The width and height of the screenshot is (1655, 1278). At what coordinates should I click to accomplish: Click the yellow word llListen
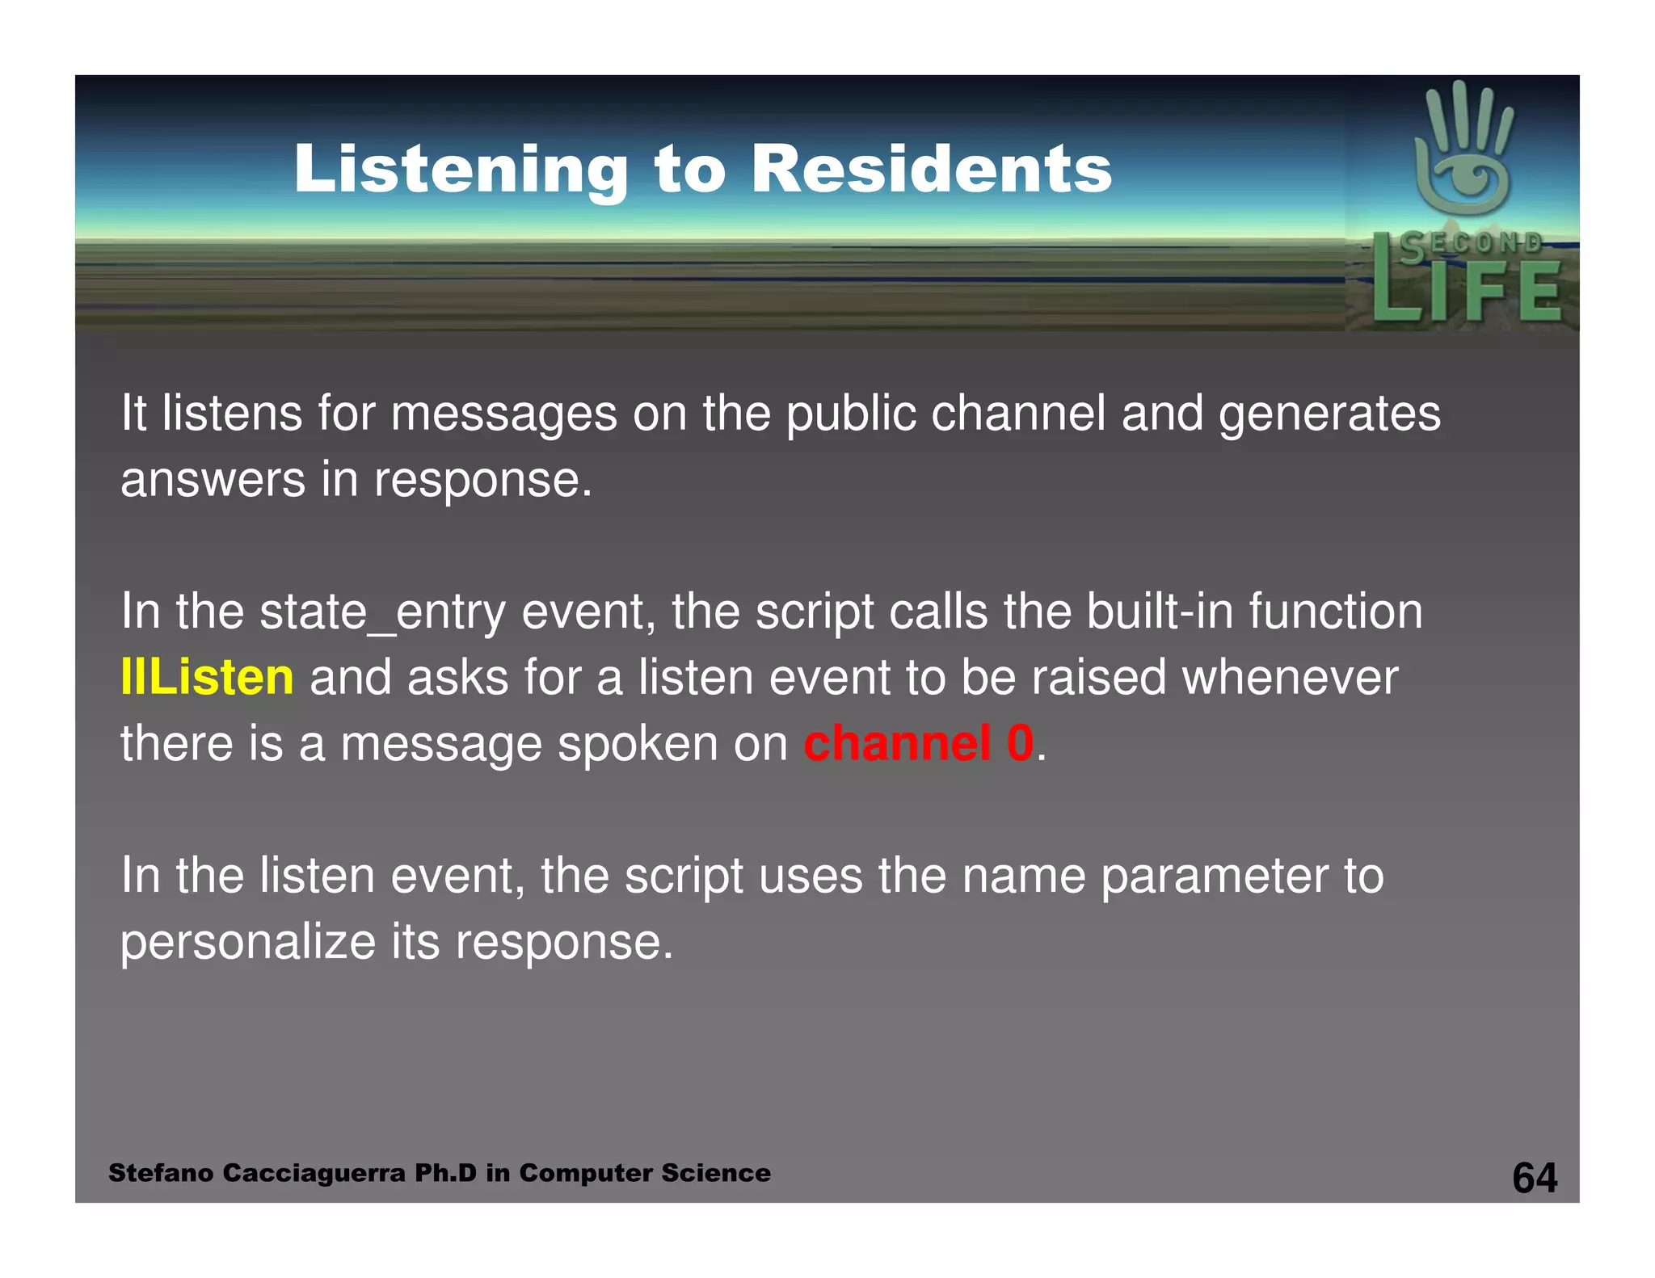click(207, 677)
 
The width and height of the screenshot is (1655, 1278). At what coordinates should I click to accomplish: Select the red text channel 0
click(919, 743)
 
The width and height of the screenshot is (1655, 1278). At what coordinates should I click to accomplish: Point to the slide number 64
click(1534, 1177)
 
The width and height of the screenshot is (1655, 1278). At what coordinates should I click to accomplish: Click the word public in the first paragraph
click(851, 414)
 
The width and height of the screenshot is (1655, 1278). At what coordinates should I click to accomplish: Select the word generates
click(1329, 414)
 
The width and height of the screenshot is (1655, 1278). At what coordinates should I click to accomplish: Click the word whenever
click(1290, 677)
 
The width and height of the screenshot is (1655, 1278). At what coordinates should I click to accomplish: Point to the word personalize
click(248, 942)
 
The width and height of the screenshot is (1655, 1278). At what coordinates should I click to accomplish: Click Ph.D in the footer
click(445, 1173)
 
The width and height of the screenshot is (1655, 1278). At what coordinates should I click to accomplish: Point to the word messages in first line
click(503, 414)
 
